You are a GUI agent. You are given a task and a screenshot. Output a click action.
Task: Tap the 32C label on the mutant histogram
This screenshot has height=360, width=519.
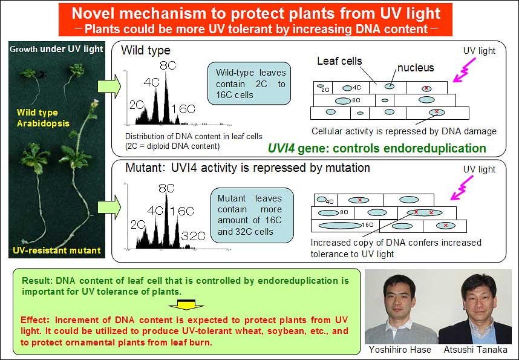[x=194, y=236]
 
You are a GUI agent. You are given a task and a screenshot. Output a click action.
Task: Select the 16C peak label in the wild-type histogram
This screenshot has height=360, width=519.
[x=183, y=109]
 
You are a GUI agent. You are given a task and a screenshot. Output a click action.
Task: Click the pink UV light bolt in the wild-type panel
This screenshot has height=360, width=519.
[x=465, y=70]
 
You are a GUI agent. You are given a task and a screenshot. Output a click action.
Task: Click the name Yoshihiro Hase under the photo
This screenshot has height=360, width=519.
[x=400, y=350]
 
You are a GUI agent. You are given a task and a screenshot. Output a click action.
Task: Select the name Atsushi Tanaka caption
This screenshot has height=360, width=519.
[x=475, y=350]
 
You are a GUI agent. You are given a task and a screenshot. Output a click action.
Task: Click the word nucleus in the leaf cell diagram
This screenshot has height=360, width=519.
[x=416, y=68]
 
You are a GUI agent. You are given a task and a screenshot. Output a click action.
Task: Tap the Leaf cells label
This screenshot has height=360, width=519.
[x=339, y=61]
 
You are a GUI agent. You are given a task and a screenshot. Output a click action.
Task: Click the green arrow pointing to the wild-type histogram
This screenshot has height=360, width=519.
[x=109, y=86]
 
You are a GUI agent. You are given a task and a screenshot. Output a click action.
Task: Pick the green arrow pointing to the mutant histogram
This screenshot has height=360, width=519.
[x=109, y=207]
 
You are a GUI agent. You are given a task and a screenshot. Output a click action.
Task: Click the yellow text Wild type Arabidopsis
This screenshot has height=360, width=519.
[x=43, y=118]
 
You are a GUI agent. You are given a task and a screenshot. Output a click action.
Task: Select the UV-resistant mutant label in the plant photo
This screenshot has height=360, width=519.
[x=57, y=250]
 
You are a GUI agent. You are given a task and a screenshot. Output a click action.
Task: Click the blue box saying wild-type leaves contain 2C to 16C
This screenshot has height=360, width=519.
[x=249, y=83]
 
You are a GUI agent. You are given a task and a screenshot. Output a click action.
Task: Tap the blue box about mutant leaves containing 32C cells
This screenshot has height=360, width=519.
[x=252, y=215]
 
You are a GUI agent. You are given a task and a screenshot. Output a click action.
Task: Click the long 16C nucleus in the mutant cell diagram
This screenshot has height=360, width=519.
[x=340, y=226]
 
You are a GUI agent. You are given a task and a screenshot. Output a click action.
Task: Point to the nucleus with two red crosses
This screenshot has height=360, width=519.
[x=424, y=212]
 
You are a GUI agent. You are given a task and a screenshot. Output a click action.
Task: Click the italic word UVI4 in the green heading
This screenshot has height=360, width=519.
[x=281, y=148]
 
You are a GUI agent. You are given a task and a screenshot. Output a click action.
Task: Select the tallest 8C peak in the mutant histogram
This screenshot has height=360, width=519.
[x=166, y=220]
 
